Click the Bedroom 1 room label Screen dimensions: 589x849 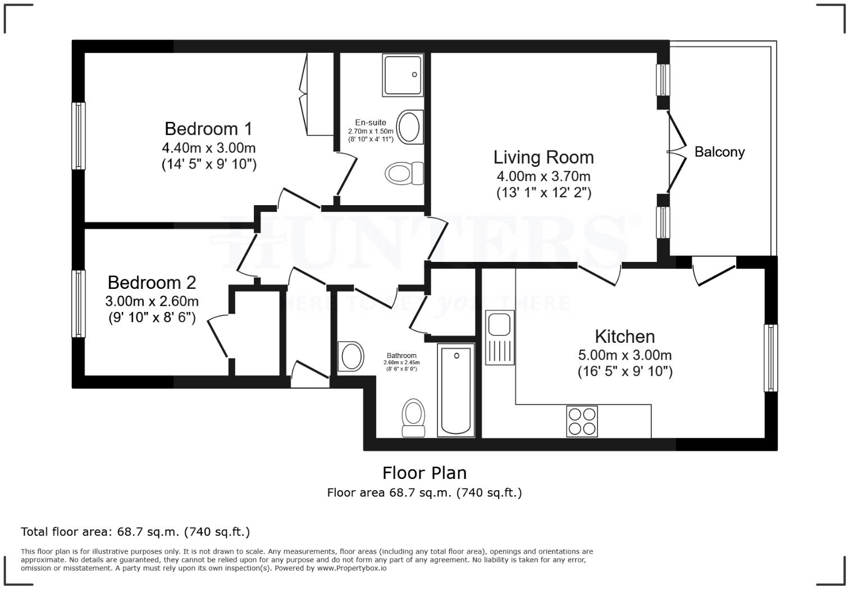point(208,129)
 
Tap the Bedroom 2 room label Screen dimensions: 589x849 point(152,282)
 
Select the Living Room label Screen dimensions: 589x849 point(543,157)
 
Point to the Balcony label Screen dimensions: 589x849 point(719,152)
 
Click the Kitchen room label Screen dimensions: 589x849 point(624,336)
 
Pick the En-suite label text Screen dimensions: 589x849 point(371,123)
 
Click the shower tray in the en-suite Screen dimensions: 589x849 point(401,75)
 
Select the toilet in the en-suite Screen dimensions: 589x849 point(405,173)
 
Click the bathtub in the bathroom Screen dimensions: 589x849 point(456,390)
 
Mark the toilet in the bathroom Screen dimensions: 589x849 point(414,418)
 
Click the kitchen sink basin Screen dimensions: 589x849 point(498,325)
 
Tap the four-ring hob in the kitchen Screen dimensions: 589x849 point(582,421)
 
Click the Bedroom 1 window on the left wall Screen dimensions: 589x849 point(79,135)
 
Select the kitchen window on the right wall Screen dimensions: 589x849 point(771,357)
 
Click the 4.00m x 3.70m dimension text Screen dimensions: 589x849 point(543,176)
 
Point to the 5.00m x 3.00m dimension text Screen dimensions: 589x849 point(624,355)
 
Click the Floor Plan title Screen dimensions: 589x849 point(424,473)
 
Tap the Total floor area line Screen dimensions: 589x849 point(135,532)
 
